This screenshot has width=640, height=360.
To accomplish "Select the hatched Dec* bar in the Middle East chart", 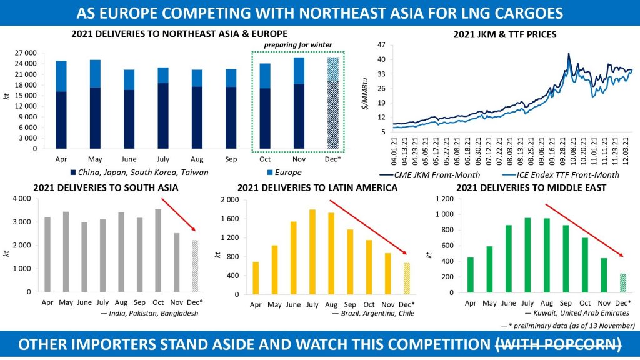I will click(622, 282).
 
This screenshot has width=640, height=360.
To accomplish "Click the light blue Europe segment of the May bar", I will click(95, 74).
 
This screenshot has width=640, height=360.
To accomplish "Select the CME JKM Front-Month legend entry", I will click(431, 174).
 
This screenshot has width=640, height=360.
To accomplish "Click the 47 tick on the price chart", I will click(380, 45).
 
